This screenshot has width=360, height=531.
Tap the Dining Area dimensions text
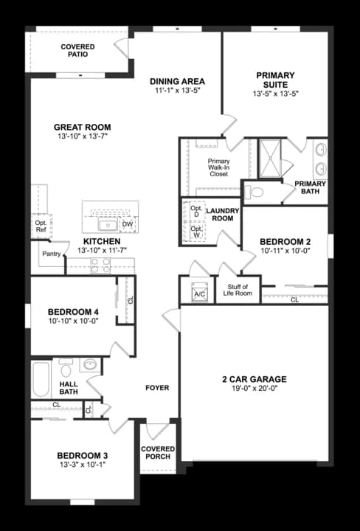177,91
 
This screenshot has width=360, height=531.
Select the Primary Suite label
275,80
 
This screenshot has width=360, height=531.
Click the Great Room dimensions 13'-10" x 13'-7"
82,137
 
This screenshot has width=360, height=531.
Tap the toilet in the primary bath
255,192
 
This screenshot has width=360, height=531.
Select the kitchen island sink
108,223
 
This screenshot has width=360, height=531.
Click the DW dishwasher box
128,224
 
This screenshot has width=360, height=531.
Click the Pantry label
51,254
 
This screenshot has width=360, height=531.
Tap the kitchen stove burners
101,265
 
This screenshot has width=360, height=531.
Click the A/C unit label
198,294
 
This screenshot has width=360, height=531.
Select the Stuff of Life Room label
238,290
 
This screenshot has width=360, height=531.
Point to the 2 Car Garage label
254,380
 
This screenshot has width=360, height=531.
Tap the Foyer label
157,387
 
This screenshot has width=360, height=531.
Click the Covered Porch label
158,452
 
